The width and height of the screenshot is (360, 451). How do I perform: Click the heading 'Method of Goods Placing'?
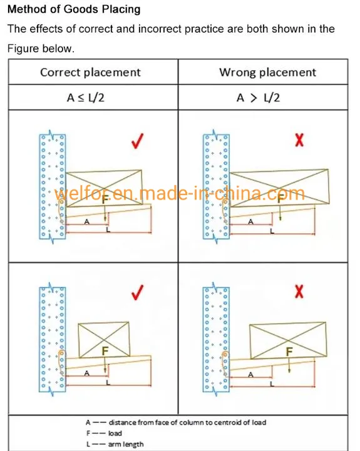coord(74,9)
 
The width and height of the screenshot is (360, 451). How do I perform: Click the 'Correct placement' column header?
coord(90,72)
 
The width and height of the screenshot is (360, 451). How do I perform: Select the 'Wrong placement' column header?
coord(267,72)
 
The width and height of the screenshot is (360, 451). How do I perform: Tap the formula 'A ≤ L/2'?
coord(86,98)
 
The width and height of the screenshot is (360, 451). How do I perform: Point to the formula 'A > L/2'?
coord(258,98)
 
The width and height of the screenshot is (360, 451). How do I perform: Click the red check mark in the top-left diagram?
coord(137,141)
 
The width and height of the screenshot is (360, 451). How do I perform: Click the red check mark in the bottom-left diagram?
coord(137,292)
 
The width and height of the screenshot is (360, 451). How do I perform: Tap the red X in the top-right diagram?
coord(299,140)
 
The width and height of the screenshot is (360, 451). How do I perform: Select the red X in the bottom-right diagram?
coord(299,291)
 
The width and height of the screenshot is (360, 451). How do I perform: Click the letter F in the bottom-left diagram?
coord(105,351)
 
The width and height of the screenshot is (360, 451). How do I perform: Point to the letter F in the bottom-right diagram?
coord(289,352)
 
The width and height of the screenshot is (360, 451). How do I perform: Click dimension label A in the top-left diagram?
coord(86,222)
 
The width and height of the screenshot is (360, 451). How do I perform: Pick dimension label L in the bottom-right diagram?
coord(272,383)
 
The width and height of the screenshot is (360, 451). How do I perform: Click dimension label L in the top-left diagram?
coord(108,230)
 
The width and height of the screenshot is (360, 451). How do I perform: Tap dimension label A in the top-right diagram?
coord(250,222)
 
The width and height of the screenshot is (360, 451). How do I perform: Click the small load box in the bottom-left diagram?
coord(104,340)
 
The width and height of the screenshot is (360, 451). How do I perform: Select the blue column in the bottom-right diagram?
coord(216,340)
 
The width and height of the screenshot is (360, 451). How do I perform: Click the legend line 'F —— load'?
coord(104,433)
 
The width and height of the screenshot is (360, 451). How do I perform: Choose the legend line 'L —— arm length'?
coord(115,444)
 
